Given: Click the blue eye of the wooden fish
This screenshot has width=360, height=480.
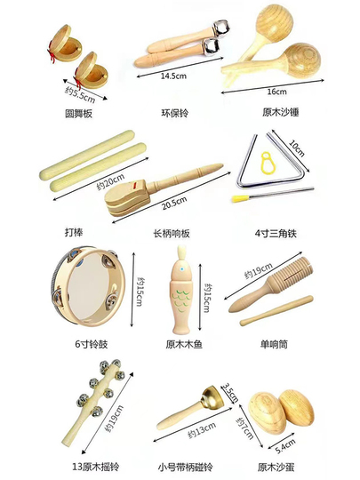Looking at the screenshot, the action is pos(182,269).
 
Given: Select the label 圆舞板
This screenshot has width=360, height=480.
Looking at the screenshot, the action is pos(79,114).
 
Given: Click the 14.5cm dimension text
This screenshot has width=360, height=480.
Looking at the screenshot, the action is pos(173,76).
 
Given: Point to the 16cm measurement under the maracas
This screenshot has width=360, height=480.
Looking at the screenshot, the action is pos(276,92).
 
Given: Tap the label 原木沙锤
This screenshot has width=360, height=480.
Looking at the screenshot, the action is pos(280,112).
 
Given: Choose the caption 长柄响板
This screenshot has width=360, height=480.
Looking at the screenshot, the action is pos(172,234).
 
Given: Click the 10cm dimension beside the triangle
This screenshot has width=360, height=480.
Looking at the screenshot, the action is pos(297,148).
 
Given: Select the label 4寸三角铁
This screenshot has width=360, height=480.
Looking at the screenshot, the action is pos(276,234).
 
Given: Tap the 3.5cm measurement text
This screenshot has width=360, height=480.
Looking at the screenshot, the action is pos(230,393).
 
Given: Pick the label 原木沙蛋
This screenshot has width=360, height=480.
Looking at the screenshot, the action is pos(276,468).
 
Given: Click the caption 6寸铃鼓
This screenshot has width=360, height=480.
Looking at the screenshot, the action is pos(92,344).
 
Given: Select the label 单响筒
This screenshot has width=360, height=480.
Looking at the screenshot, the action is pos(274,344).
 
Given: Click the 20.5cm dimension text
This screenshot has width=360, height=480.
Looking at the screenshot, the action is pos(174,203).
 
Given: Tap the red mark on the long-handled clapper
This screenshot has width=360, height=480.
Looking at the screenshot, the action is pos(133,185).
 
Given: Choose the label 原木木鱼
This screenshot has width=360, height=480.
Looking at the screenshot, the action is pos(184,344).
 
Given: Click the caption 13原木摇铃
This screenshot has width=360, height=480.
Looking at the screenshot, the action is pos(95,467).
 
